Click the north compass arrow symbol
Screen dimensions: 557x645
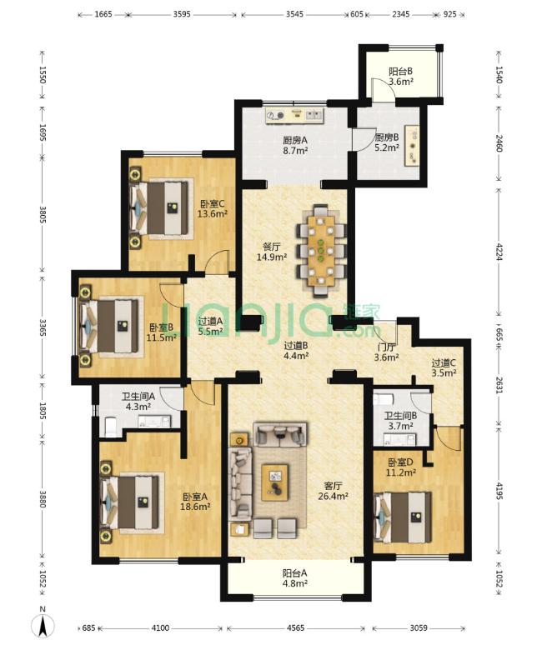pos(43,625)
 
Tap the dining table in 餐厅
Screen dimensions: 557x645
pos(321,251)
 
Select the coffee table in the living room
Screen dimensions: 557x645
pos(275,482)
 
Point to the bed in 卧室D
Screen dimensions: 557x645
pos(404,517)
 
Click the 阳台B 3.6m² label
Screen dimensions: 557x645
pos(401,77)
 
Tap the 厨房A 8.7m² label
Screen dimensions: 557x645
pos(295,145)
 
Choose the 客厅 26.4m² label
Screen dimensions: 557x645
pos(333,491)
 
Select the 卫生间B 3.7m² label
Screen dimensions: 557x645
pos(400,421)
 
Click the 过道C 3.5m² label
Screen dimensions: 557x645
pos(444,368)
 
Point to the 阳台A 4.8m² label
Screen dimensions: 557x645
pos(295,578)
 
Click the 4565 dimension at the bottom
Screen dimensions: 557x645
pos(295,628)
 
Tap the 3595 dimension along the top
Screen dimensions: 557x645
pos(182,14)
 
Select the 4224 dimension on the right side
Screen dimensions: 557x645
pos(499,252)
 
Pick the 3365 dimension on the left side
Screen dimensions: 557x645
pos(43,327)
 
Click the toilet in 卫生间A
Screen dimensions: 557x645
pos(111,427)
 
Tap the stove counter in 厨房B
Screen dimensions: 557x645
pos(412,146)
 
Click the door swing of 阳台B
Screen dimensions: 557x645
pos(384,87)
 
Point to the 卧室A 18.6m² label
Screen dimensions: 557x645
pos(196,502)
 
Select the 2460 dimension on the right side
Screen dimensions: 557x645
pos(499,143)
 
